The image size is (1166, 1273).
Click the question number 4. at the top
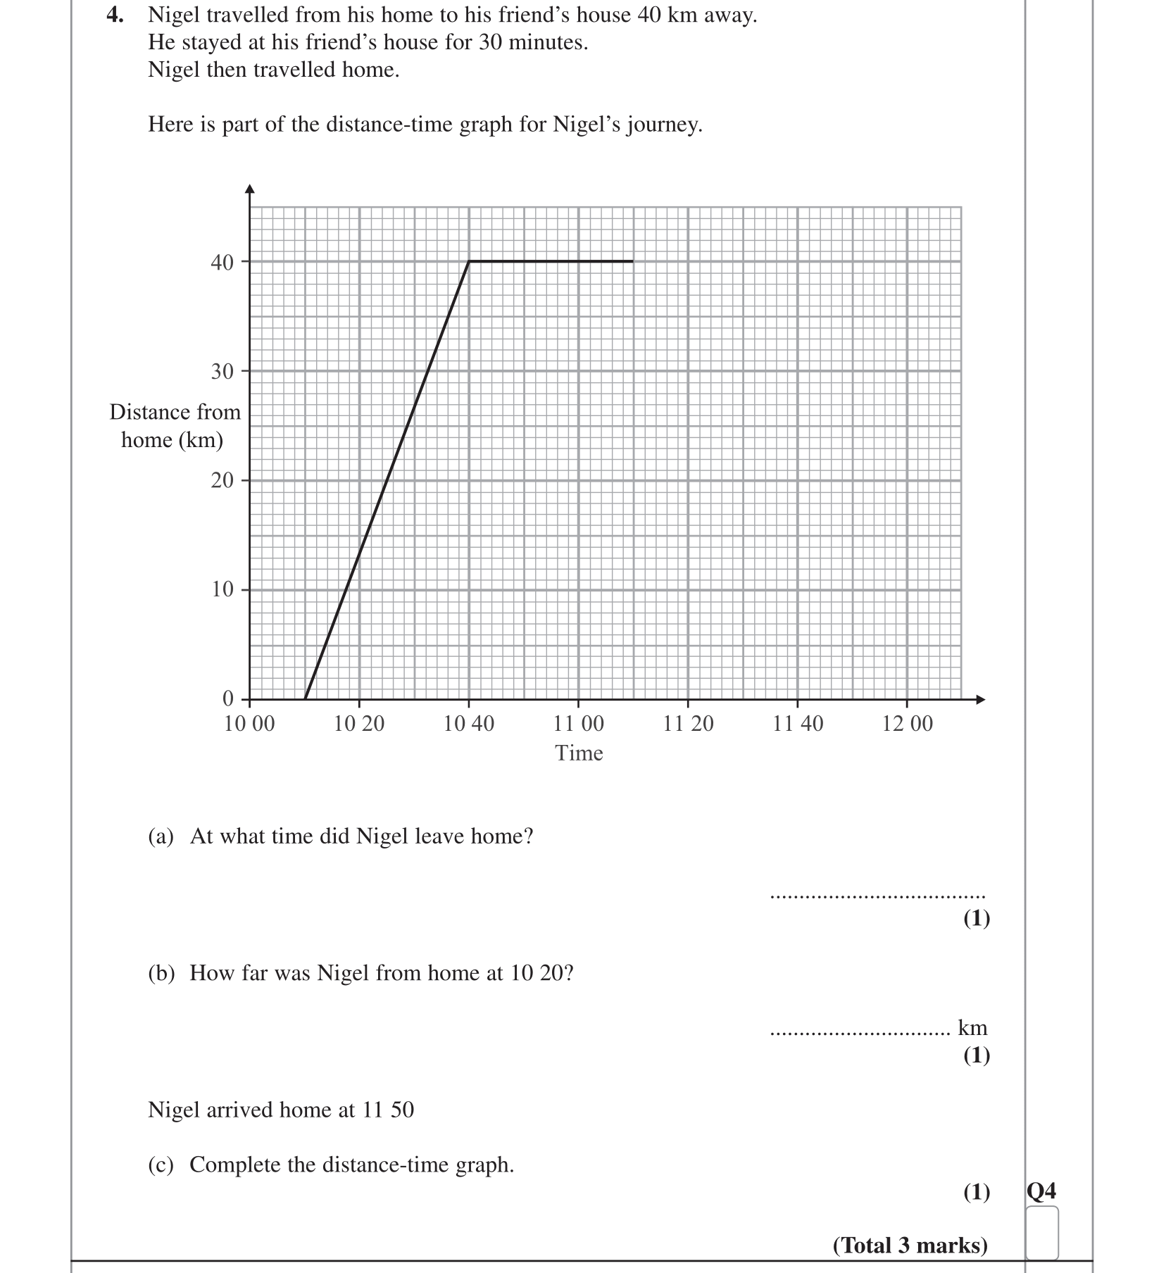[115, 15]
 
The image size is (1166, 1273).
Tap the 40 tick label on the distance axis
[222, 263]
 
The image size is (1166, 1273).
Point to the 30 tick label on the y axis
[222, 372]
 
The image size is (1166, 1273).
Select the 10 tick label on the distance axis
[222, 589]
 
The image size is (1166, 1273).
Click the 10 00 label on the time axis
[249, 723]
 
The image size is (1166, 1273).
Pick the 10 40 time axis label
[469, 723]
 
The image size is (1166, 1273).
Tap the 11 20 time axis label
[688, 723]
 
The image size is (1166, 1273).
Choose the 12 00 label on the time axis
[908, 723]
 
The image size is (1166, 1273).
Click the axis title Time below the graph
[579, 753]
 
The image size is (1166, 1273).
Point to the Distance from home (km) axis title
[175, 426]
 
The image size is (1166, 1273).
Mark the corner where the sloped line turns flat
[469, 261]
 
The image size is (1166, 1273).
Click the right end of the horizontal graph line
[632, 261]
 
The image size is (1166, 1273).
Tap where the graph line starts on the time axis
[305, 699]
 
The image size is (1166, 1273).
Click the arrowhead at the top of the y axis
[249, 189]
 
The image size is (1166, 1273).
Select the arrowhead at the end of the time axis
[980, 699]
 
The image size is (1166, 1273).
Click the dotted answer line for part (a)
[877, 897]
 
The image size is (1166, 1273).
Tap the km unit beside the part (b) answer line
[972, 1028]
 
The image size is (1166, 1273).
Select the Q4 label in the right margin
[1041, 1191]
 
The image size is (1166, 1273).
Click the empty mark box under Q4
[1041, 1232]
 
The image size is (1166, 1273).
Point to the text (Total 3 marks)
[910, 1246]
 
